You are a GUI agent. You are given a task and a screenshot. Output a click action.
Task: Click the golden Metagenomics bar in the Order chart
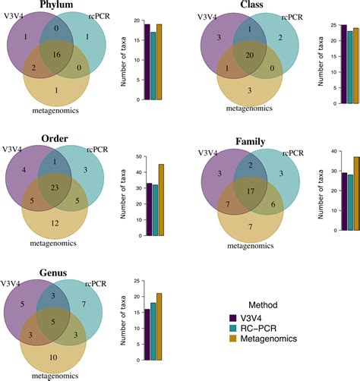[x=161, y=200]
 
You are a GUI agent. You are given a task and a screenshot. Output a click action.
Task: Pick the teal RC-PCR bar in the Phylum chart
[x=153, y=66]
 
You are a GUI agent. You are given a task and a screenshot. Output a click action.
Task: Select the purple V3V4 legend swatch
[x=234, y=317]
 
